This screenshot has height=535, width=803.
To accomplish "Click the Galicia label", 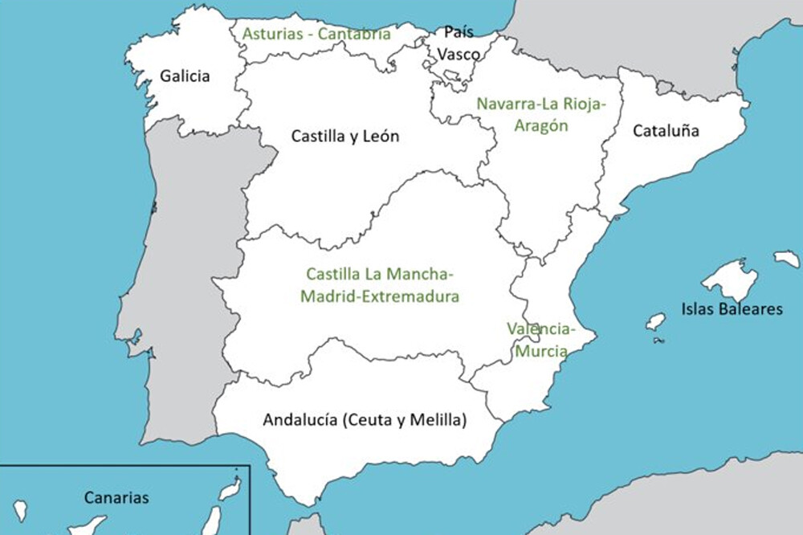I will pyautogui.click(x=185, y=77).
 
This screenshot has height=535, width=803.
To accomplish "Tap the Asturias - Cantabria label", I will pyautogui.click(x=316, y=34).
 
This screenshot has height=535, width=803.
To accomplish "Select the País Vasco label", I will pyautogui.click(x=459, y=44).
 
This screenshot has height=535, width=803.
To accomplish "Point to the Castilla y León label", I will pyautogui.click(x=345, y=137).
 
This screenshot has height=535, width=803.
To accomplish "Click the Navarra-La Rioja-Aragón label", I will pyautogui.click(x=541, y=115).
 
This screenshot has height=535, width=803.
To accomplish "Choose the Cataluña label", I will pyautogui.click(x=666, y=130).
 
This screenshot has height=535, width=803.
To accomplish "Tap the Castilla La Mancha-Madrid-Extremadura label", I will pyautogui.click(x=380, y=285).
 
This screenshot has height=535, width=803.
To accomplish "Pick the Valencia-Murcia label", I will pyautogui.click(x=541, y=340).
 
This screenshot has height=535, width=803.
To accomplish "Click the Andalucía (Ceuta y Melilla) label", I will pyautogui.click(x=365, y=419).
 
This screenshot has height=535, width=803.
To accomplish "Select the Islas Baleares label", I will pyautogui.click(x=732, y=308).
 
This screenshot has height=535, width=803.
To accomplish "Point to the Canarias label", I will pyautogui.click(x=116, y=498).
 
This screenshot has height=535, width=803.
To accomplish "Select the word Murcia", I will pyautogui.click(x=541, y=351).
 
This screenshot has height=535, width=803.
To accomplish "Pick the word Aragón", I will pyautogui.click(x=541, y=126).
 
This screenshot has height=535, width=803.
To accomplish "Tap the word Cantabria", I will pyautogui.click(x=354, y=34).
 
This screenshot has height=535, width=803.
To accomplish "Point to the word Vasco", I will pyautogui.click(x=459, y=55).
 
